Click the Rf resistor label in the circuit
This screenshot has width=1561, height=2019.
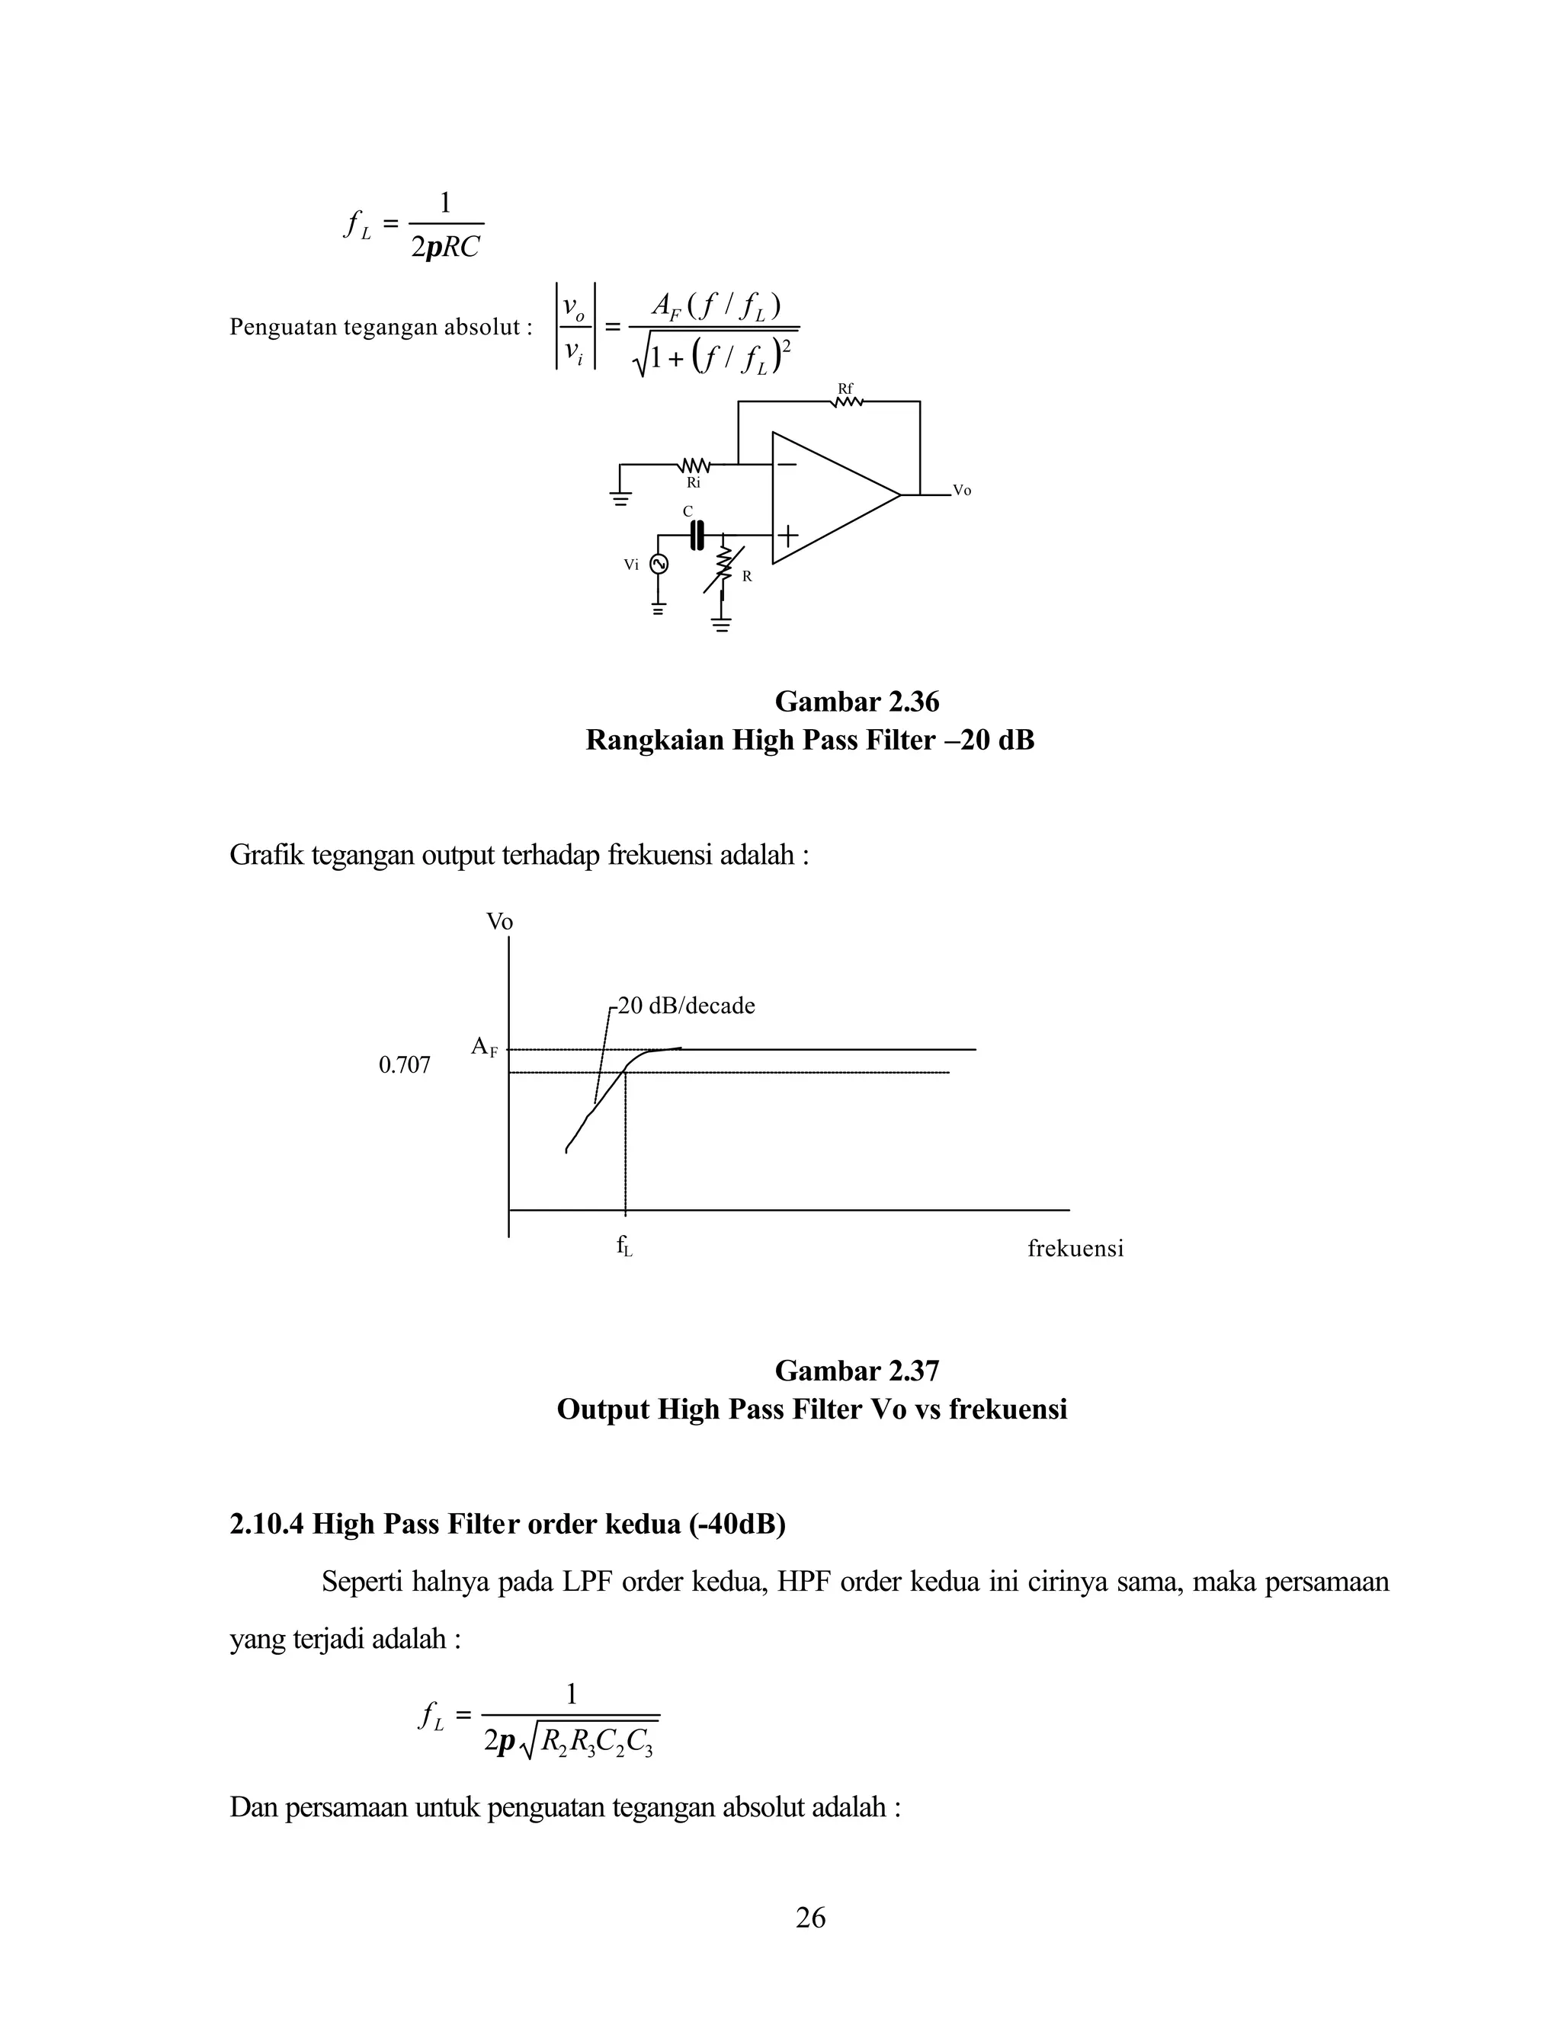click(845, 389)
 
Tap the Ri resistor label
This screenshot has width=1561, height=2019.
click(693, 482)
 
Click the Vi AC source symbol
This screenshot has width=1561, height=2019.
click(659, 564)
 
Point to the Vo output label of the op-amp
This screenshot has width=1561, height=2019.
click(962, 491)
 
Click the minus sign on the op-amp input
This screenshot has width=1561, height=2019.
click(787, 464)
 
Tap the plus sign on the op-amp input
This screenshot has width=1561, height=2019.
click(788, 536)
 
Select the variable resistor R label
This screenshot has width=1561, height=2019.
click(747, 576)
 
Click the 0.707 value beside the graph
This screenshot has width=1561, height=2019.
click(404, 1066)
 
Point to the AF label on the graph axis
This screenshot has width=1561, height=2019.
click(484, 1047)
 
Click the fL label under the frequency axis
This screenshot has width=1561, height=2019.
click(625, 1246)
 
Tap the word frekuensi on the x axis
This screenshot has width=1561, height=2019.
click(1075, 1249)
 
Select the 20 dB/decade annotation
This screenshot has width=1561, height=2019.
click(686, 1006)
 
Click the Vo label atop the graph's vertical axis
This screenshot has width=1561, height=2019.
click(499, 922)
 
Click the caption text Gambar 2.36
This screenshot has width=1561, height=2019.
click(856, 702)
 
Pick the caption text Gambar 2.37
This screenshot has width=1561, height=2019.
click(856, 1370)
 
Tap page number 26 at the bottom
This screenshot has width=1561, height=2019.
click(810, 1918)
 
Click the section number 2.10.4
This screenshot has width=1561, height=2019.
click(266, 1524)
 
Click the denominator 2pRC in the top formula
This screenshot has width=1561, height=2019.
click(446, 247)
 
